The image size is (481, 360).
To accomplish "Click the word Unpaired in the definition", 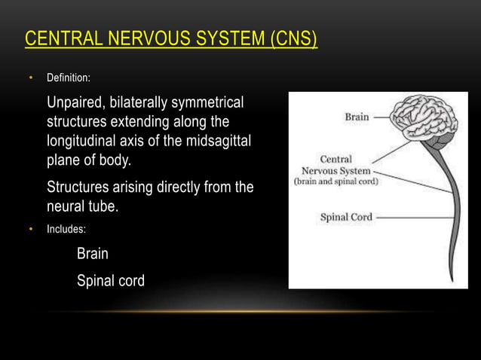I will pos(76,102).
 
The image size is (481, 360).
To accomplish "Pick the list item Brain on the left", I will pos(93,255).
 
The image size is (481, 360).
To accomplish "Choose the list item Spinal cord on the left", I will pos(111,281).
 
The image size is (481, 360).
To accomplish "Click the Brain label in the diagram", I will pos(357,117).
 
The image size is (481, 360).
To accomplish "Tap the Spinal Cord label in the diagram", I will pos(346,218).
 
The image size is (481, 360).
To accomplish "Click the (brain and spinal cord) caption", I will pos(335,182).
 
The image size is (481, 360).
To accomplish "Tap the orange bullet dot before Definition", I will pos(31,78).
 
